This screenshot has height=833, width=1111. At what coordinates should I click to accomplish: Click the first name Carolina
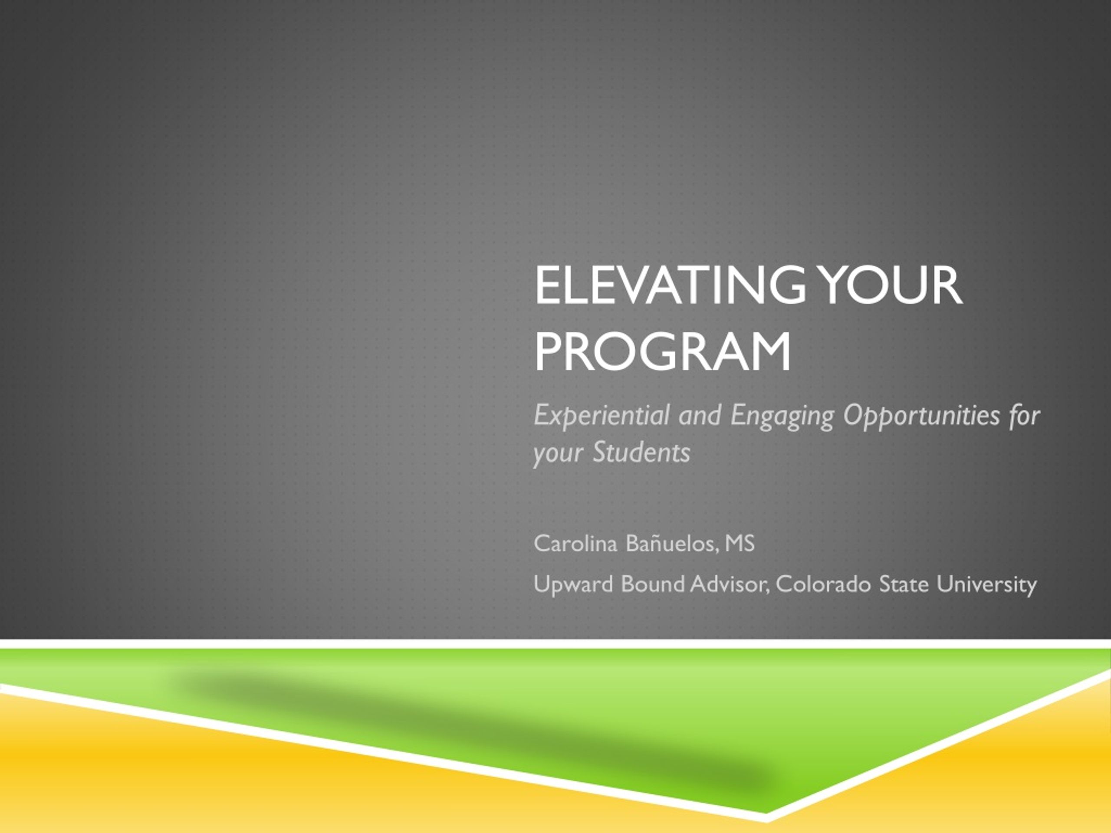click(x=575, y=543)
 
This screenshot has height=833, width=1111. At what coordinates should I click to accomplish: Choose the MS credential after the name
click(x=740, y=543)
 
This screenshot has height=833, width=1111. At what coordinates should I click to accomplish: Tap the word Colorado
click(x=823, y=584)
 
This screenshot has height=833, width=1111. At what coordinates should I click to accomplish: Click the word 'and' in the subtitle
click(x=700, y=416)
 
